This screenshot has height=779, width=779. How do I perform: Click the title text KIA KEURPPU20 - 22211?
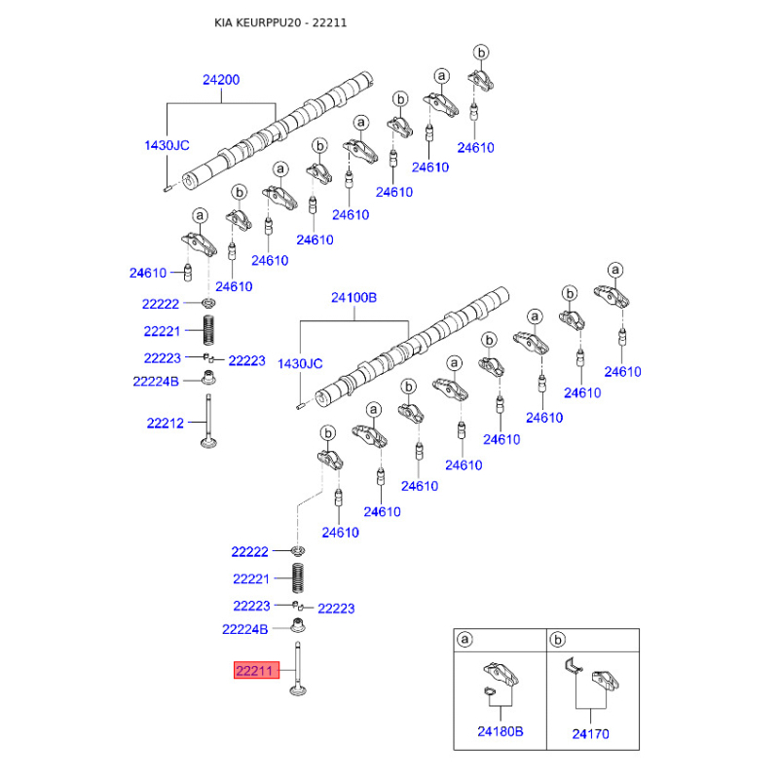click(280, 22)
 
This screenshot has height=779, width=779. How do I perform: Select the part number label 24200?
click(221, 80)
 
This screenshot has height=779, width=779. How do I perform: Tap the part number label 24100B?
click(353, 298)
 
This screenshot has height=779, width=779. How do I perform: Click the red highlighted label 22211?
click(256, 671)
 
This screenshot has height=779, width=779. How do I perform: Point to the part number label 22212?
click(165, 424)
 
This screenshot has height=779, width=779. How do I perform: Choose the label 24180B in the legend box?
click(501, 731)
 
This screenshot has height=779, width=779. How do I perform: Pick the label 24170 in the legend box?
click(590, 734)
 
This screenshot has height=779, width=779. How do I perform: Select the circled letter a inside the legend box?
click(464, 639)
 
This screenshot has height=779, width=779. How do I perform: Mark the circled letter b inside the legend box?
click(557, 640)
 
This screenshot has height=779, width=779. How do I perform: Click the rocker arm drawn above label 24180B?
click(501, 674)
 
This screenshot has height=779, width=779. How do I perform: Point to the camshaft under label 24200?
click(278, 130)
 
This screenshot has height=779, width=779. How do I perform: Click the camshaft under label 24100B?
click(412, 347)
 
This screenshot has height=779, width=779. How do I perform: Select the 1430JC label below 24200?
click(167, 145)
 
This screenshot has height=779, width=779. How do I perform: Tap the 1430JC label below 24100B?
click(300, 363)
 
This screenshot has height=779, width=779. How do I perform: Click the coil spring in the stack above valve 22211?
click(298, 577)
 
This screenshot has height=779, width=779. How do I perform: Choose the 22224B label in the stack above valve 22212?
click(156, 382)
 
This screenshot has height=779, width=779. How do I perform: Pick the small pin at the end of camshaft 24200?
click(167, 188)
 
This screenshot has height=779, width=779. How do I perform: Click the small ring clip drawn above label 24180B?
click(490, 691)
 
